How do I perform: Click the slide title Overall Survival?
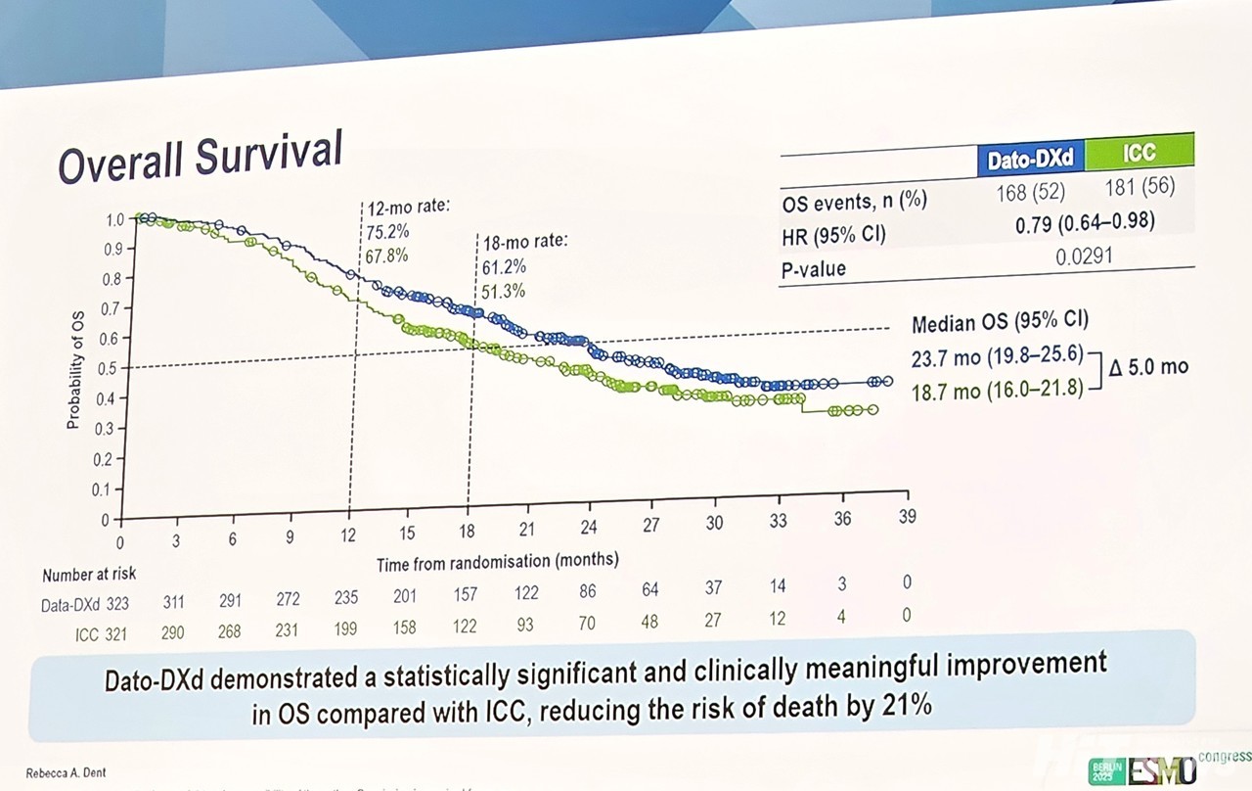[x=201, y=156]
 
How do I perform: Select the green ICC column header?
[x=1139, y=152]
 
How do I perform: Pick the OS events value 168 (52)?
[x=1030, y=191]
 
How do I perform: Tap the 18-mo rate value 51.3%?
[x=503, y=291]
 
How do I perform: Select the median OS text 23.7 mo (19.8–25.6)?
[x=997, y=357]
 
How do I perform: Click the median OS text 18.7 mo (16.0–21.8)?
[x=997, y=391]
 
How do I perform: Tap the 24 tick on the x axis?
[x=589, y=525]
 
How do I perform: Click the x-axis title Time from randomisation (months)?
[x=498, y=561]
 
